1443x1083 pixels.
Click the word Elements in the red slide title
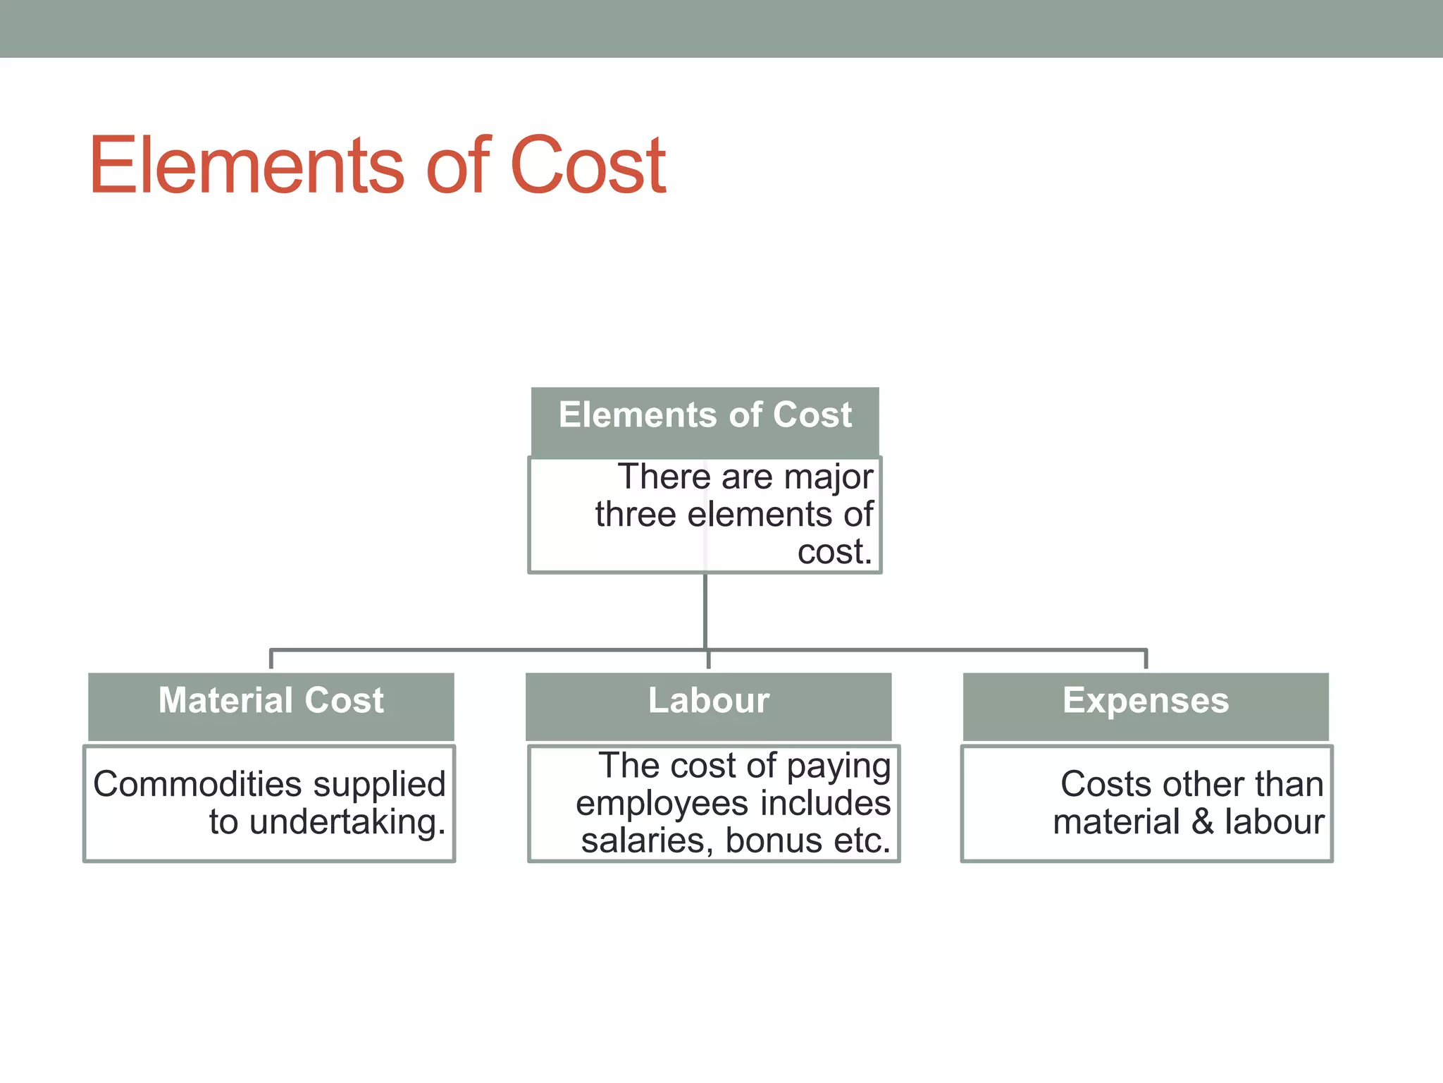(247, 166)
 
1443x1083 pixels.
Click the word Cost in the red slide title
(588, 166)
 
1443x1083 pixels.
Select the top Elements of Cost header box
(705, 421)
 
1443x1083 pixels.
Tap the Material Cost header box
(271, 706)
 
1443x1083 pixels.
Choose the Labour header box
(708, 706)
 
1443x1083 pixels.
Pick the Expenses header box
(1146, 706)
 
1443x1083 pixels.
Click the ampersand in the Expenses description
(1202, 822)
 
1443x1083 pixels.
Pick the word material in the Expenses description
(1116, 822)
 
